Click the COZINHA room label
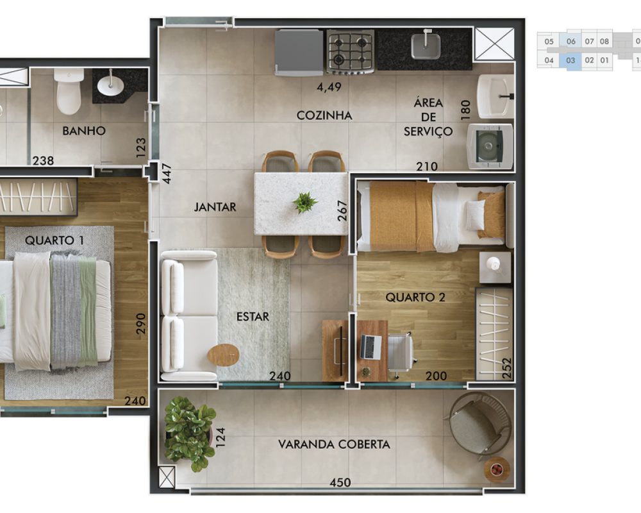pyautogui.click(x=324, y=115)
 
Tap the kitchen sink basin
pyautogui.click(x=426, y=46)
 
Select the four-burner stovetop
pyautogui.click(x=351, y=51)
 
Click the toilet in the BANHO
pyautogui.click(x=69, y=91)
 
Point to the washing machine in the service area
pyautogui.click(x=490, y=146)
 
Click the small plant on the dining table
pyautogui.click(x=304, y=202)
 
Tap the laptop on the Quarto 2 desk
pyautogui.click(x=370, y=346)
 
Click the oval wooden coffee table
pyautogui.click(x=223, y=355)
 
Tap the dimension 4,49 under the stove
pyautogui.click(x=329, y=87)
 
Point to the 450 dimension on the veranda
pyautogui.click(x=340, y=483)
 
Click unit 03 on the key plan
pyautogui.click(x=570, y=60)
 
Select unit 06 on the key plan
pyautogui.click(x=571, y=41)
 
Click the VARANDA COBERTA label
pyautogui.click(x=334, y=444)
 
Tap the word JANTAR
pyautogui.click(x=215, y=207)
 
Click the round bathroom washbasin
pyautogui.click(x=110, y=85)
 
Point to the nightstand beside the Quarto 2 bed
pyautogui.click(x=495, y=267)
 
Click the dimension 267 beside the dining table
pyautogui.click(x=342, y=210)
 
